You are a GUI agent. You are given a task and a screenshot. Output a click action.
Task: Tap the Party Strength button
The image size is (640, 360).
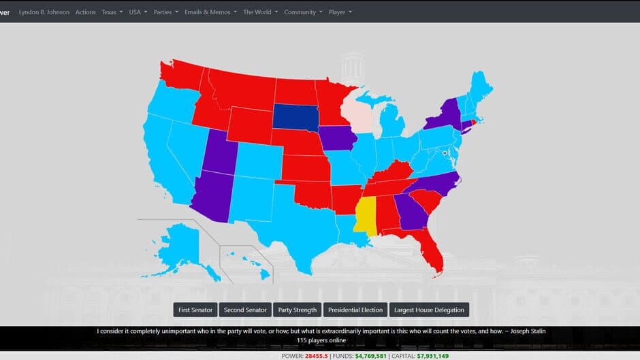tap(298, 310)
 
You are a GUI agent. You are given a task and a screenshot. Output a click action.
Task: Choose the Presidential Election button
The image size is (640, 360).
tap(355, 310)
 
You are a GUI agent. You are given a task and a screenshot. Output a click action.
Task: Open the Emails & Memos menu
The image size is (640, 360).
tap(211, 12)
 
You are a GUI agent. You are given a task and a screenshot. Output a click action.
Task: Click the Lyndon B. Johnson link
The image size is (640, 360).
tap(44, 12)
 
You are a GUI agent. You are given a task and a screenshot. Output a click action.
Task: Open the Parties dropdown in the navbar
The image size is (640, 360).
tap(166, 12)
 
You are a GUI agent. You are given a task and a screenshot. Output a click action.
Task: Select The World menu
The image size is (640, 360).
tap(260, 12)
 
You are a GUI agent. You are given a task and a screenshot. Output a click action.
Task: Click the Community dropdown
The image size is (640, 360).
tap(303, 12)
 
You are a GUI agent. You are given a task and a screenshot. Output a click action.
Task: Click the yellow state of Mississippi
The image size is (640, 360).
tap(366, 216)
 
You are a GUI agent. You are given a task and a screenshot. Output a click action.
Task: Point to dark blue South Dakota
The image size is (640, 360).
tap(296, 116)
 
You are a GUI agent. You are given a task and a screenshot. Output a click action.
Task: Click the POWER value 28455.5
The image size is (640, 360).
tap(317, 356)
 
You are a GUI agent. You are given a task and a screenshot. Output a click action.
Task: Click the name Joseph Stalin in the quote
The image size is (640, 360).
tap(525, 331)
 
